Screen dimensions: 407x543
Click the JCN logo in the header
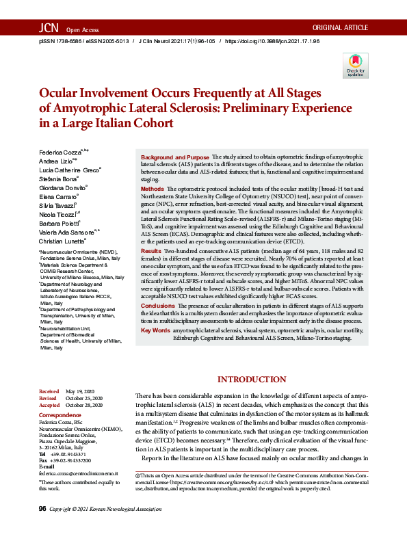click(49, 28)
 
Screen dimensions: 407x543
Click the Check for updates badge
click(356, 65)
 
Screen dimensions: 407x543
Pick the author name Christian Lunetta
click(59, 241)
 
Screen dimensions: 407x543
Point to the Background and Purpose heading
click(174, 158)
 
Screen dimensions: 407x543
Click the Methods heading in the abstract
click(152, 187)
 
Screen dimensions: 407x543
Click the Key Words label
click(155, 330)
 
